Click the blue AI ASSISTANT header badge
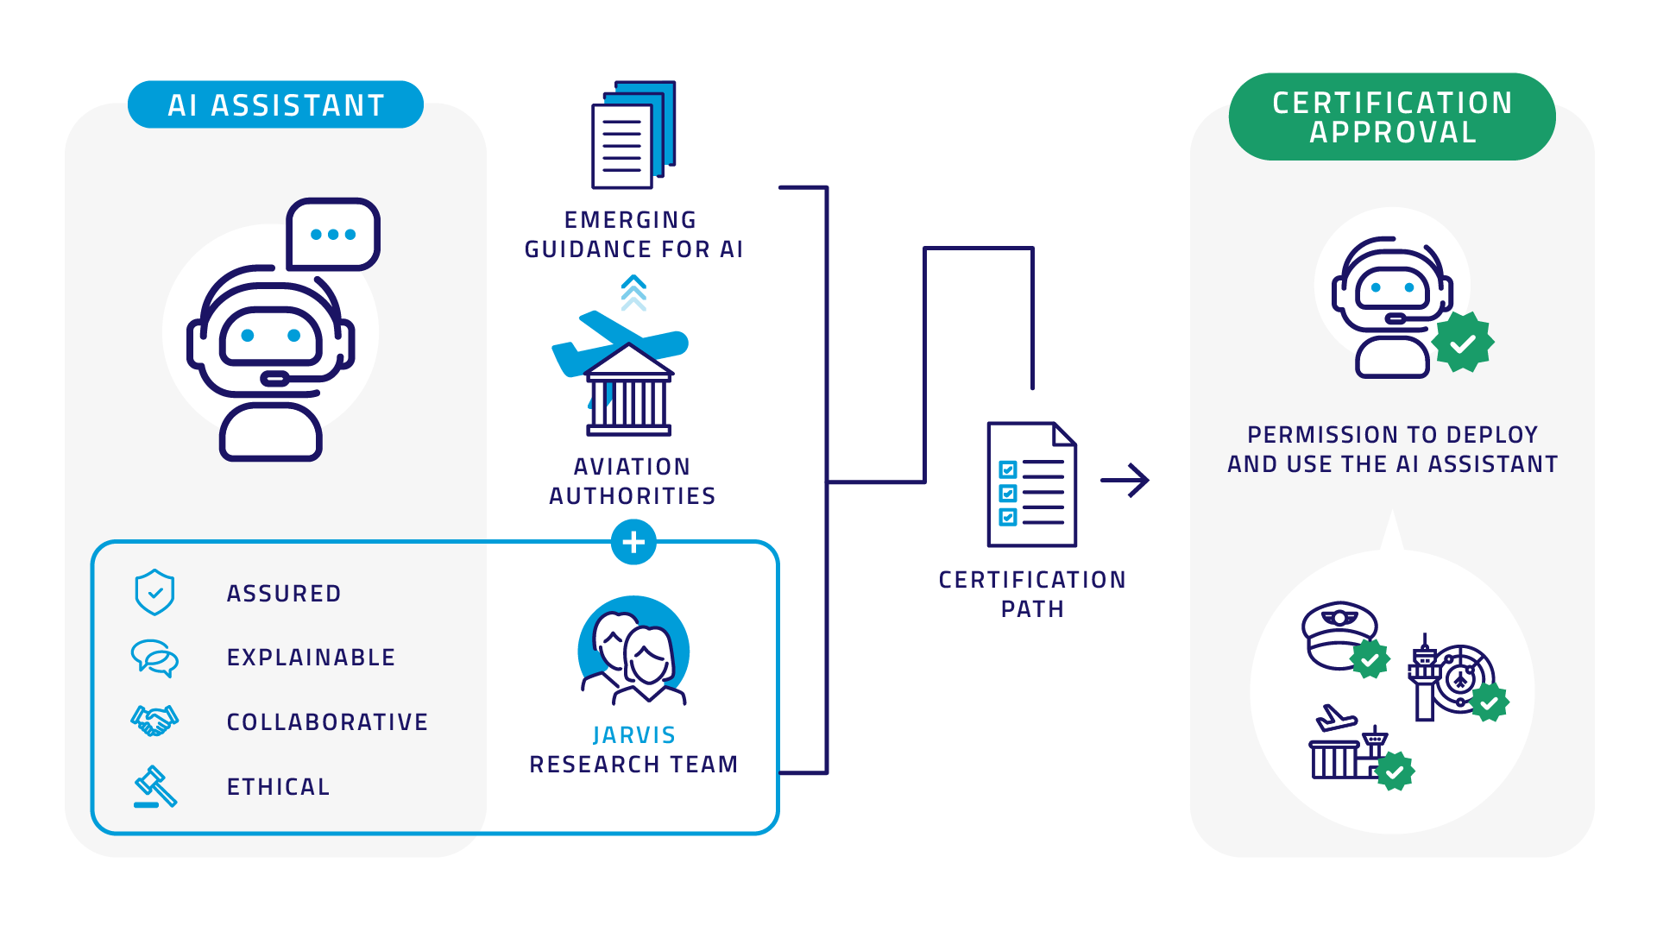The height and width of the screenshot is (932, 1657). click(275, 105)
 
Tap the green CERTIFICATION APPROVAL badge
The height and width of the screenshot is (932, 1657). click(1391, 117)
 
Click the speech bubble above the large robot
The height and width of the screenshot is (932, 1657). click(333, 234)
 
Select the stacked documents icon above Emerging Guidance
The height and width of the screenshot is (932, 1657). click(633, 135)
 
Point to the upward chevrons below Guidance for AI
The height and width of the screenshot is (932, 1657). click(633, 293)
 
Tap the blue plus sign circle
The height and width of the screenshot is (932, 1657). click(633, 542)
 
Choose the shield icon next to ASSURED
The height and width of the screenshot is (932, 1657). click(155, 592)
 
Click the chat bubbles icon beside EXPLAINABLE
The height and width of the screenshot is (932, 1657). click(155, 658)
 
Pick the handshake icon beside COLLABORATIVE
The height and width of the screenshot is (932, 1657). click(155, 721)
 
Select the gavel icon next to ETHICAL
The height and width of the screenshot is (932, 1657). click(155, 786)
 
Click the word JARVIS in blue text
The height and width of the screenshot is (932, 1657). click(633, 735)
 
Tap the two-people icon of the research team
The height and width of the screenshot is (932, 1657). click(633, 652)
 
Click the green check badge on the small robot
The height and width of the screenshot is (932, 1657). click(1463, 343)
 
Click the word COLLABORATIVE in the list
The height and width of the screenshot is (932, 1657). click(327, 722)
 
